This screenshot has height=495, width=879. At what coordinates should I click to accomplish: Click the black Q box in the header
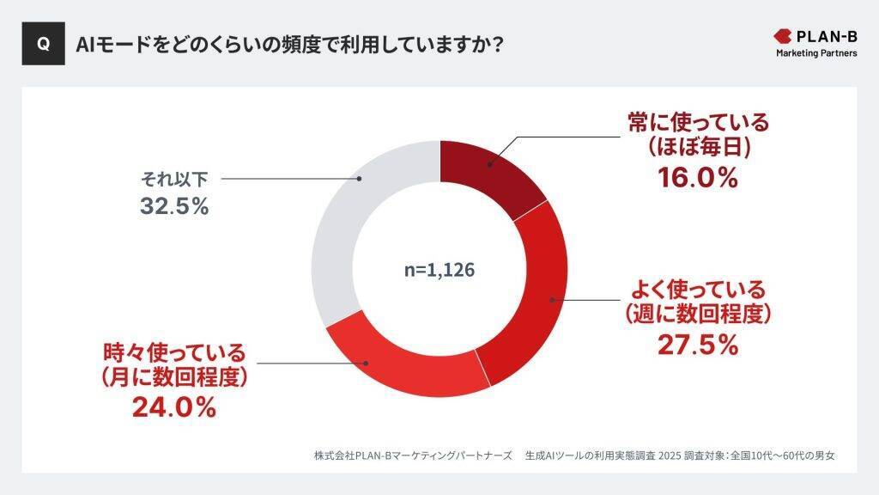pos(43,44)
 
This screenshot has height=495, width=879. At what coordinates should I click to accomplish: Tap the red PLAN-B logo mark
pos(785,36)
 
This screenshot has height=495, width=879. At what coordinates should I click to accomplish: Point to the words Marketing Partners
pos(816,53)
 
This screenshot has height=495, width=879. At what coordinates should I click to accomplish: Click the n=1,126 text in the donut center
pos(439,269)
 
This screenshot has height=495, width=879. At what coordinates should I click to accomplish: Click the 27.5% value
pos(698,344)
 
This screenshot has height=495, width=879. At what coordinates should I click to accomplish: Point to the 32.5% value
pos(174,207)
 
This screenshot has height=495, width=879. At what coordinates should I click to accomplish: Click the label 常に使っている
pos(698,122)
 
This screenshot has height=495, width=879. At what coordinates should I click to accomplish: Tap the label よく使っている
pos(698,288)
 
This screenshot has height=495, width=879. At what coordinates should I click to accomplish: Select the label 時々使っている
pos(174,351)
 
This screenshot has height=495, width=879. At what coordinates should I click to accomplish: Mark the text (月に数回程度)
pos(174,377)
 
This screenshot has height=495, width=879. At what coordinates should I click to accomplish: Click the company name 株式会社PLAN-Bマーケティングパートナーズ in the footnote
pos(413,455)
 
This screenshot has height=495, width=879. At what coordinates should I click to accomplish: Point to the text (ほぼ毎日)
pos(700,148)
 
